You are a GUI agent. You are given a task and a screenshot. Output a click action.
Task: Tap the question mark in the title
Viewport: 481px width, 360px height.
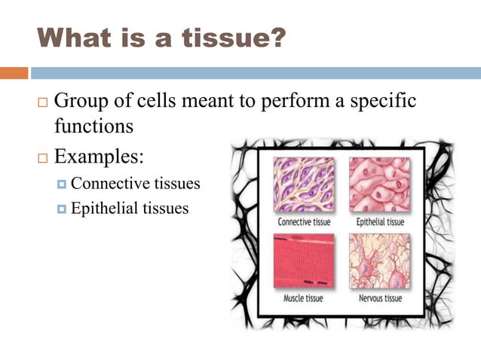(x=277, y=38)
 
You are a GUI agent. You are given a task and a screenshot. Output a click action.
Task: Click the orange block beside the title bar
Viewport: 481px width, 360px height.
(x=14, y=73)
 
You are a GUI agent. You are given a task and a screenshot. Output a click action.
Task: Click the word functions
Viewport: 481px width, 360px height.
(x=93, y=125)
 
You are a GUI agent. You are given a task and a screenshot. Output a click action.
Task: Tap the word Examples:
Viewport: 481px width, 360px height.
(x=100, y=158)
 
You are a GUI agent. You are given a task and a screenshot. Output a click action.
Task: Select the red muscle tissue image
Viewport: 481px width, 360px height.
(x=304, y=261)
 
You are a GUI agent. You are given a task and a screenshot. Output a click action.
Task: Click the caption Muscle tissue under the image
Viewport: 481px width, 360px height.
(x=303, y=298)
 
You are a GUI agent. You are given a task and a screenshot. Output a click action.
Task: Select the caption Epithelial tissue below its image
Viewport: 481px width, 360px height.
(x=379, y=222)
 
